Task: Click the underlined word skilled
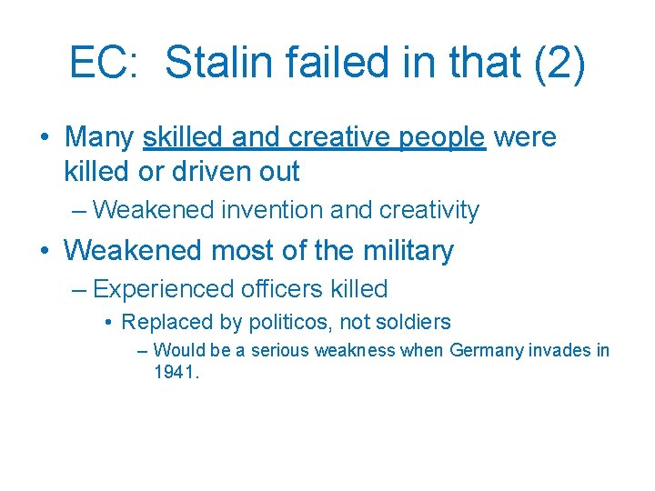coord(183,137)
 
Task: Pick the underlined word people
coord(441,137)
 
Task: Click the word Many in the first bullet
coord(99,137)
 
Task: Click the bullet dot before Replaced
coord(108,322)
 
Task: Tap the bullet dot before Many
coord(44,137)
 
